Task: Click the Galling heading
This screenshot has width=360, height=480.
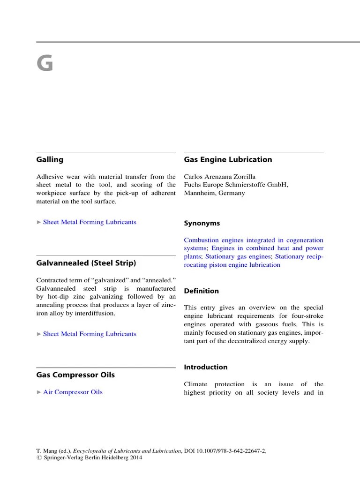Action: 50,159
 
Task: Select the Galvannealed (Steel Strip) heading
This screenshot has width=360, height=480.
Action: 86,263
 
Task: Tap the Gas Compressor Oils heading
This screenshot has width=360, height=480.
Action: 75,375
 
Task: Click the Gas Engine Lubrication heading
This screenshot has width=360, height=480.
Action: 228,159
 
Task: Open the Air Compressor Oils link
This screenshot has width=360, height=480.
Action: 73,392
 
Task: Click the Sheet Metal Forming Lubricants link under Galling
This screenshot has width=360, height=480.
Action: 90,222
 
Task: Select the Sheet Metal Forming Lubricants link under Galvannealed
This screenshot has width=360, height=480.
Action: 90,334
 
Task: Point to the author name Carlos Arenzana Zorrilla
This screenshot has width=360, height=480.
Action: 220,177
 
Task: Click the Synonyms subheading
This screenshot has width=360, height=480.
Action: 202,224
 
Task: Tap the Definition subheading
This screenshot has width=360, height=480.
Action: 201,291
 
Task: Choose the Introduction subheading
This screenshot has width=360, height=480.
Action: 205,367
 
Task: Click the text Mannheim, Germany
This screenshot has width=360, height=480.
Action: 214,193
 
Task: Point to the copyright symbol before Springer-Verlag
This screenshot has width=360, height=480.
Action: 38,458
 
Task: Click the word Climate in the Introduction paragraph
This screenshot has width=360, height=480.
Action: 197,384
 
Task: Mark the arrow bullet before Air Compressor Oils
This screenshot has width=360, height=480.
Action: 39,392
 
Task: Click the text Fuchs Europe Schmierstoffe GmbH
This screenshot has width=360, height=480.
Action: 236,185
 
